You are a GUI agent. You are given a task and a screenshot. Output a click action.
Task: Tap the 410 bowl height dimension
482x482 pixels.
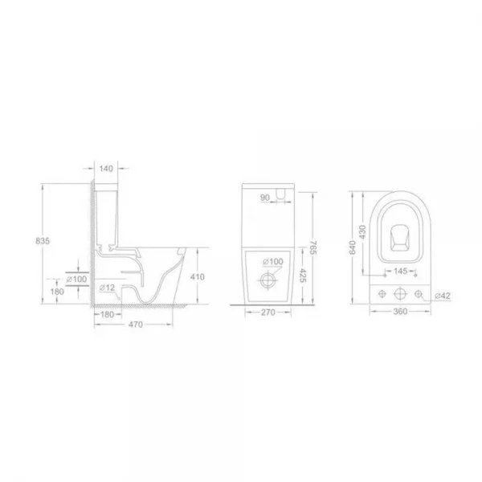point(198,276)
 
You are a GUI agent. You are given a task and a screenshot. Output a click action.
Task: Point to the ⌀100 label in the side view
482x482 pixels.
point(77,279)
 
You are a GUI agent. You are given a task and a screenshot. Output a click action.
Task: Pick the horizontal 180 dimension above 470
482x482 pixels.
point(107,315)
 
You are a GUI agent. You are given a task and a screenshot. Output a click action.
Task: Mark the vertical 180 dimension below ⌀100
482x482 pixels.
point(57,292)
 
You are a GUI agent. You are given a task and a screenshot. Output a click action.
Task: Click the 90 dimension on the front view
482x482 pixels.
point(264,198)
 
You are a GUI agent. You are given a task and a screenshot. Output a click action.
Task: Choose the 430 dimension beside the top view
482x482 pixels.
point(362,230)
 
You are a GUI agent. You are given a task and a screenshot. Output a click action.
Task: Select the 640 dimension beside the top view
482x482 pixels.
point(350,249)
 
